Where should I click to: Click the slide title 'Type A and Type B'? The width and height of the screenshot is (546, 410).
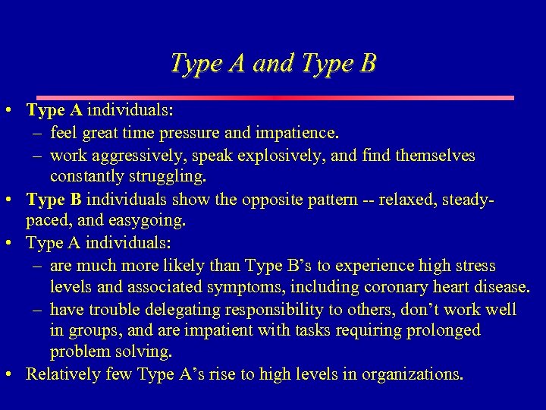click(273, 63)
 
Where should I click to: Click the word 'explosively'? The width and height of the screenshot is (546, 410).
click(266, 156)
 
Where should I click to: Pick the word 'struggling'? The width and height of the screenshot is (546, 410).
click(169, 177)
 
